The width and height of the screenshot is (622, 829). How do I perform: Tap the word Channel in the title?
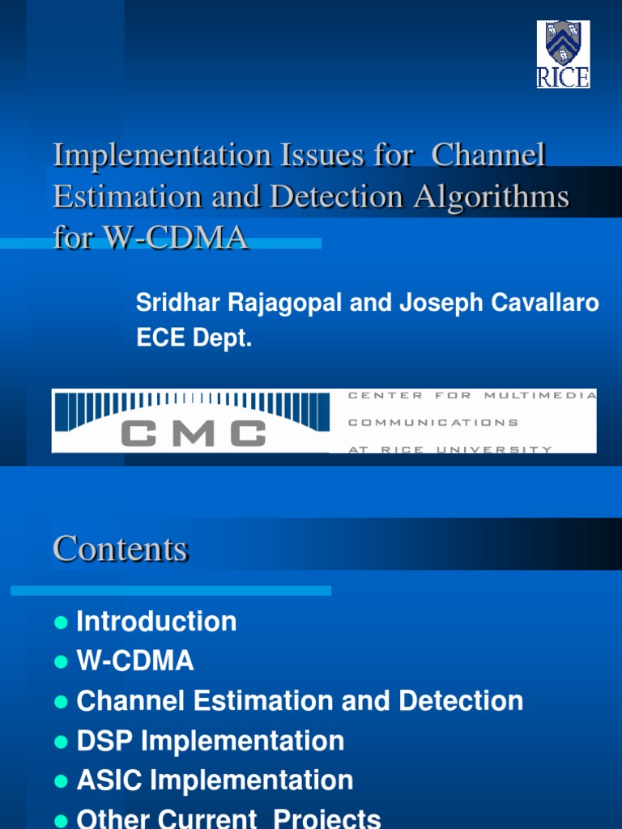point(488,155)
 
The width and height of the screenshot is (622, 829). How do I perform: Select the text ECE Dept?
point(194,340)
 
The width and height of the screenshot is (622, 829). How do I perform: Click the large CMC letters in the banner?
point(194,432)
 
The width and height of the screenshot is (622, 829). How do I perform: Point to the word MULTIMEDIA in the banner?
point(541,395)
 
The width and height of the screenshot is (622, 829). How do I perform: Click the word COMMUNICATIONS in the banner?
point(432,422)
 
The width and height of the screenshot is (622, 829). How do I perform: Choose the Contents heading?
point(121,549)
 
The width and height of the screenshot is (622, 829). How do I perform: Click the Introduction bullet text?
point(156,622)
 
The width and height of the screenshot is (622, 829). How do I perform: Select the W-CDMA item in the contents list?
point(135,661)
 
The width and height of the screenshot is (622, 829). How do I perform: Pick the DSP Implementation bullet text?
point(211,741)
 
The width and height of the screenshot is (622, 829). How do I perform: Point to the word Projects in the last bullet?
point(327,818)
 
